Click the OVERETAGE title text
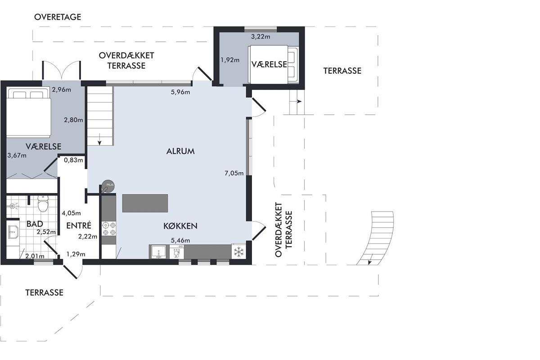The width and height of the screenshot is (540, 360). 58,17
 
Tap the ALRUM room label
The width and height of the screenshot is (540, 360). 180,151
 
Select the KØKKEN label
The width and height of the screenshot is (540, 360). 180,226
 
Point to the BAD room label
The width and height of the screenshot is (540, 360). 35,224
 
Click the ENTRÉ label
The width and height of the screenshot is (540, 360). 79,225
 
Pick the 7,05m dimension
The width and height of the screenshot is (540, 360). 234,173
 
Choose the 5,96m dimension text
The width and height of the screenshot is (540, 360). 180,92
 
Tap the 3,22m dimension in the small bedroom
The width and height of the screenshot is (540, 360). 261,36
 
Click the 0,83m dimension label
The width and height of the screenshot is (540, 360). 73,160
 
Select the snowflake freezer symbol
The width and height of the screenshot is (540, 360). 238,252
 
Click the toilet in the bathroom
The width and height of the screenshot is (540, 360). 43,204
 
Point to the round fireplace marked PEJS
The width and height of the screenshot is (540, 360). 108,186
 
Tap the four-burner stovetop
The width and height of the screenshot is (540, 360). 109,229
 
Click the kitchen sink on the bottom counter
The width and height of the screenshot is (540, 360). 158,252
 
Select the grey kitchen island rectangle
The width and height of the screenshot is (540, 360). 145,203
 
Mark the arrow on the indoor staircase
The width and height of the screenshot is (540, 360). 99,139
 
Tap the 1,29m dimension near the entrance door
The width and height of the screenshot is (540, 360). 76,254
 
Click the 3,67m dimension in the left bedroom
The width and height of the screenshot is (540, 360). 17,155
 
